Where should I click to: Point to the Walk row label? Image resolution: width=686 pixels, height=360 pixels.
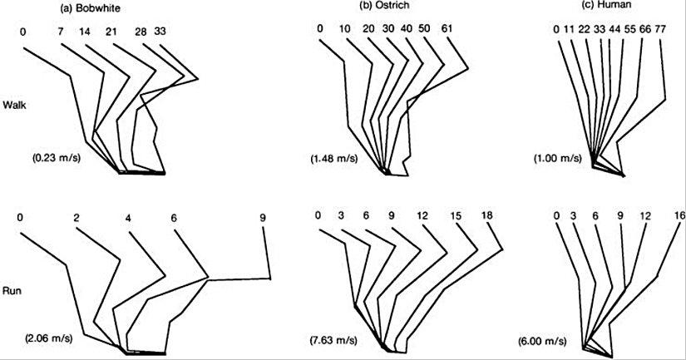[x=15, y=105]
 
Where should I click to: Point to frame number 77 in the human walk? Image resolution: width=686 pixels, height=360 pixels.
[x=663, y=31]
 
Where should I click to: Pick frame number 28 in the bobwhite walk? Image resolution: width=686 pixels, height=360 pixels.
[x=141, y=31]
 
